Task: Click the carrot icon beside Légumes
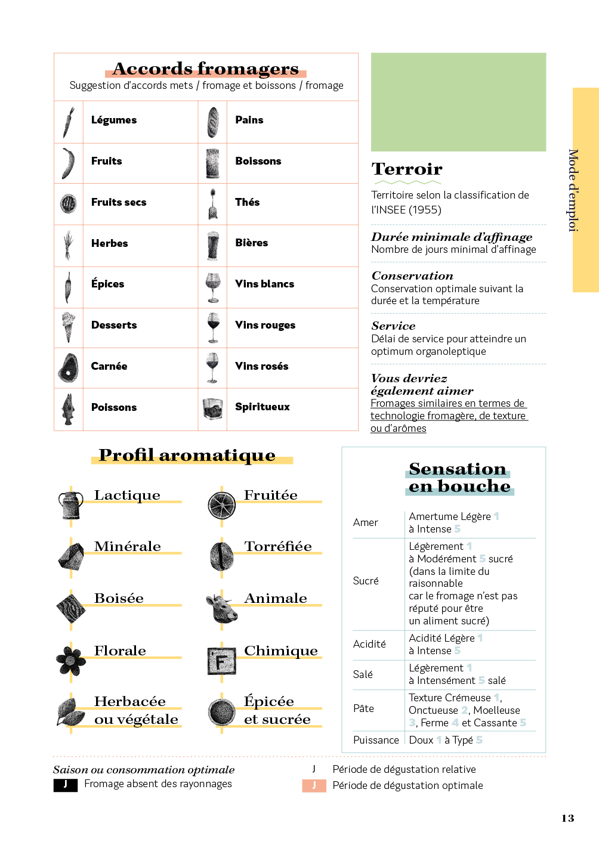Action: tap(69, 122)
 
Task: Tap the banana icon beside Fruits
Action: tap(69, 163)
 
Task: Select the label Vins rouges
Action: tap(265, 325)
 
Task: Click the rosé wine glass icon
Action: tap(212, 367)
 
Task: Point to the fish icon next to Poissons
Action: tap(69, 409)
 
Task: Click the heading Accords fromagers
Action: tap(206, 69)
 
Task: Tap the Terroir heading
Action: tap(407, 169)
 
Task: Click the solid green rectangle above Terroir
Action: tap(458, 102)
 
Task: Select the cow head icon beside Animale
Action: tap(221, 608)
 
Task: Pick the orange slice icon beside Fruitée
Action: tap(222, 505)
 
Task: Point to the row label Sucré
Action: tap(366, 581)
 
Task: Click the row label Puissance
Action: tap(376, 740)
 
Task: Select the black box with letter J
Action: tap(65, 785)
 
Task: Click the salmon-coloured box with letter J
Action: tap(314, 785)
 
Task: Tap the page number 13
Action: tap(567, 818)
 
